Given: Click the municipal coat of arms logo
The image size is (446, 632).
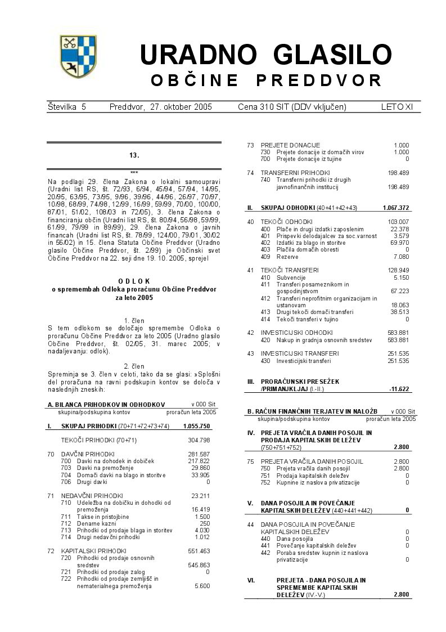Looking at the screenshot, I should tap(78, 56).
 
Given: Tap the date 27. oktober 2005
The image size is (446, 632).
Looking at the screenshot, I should tap(160, 107).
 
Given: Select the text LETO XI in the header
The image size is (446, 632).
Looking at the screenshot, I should tap(401, 107).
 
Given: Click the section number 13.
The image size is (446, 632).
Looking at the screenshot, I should tap(134, 155).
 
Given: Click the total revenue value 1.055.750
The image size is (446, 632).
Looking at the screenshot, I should tap(196, 427).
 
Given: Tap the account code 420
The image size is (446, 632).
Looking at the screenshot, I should tap(265, 340).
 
